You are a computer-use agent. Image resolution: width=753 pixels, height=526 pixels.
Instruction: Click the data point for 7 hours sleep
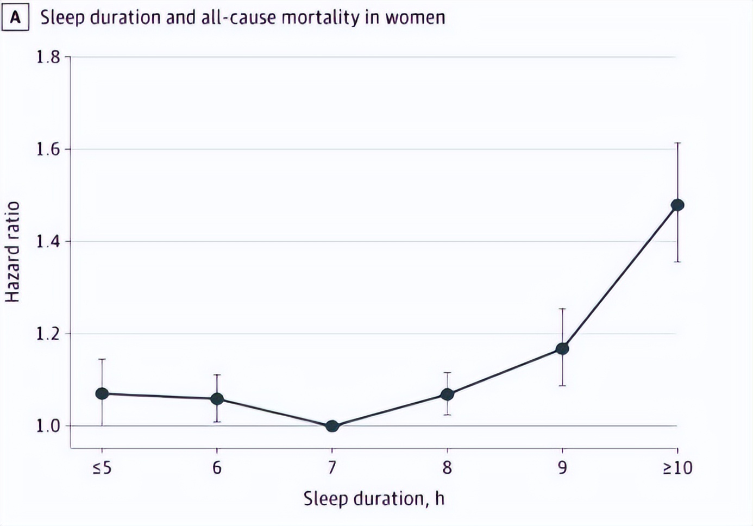coord(332,426)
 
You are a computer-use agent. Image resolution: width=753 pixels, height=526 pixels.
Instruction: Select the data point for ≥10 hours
coord(677,205)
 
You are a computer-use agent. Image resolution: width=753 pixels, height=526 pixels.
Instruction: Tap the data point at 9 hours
coord(562,348)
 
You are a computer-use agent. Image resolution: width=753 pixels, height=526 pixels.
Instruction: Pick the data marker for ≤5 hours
coord(102,393)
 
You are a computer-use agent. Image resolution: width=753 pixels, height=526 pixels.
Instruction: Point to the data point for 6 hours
coord(217,399)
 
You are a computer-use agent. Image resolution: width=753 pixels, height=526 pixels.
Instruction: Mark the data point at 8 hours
coord(447,394)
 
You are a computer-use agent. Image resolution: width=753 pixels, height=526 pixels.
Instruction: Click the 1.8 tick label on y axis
coord(48,57)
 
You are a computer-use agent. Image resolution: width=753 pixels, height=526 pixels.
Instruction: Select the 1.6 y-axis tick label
coord(48,149)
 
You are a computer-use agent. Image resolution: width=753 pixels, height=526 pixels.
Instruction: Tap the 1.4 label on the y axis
coord(48,241)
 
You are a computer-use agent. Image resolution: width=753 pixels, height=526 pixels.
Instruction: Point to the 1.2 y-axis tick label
coord(48,334)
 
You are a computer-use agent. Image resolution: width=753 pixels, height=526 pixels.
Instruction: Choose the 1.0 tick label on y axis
coord(48,426)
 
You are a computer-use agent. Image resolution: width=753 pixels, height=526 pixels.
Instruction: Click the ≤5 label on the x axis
coord(102,467)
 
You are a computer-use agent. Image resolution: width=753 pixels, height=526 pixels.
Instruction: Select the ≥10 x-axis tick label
coord(677,467)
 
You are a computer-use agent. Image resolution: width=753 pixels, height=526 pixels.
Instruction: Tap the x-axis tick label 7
coord(332,467)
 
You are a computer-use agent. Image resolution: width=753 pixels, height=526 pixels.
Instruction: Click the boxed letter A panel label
coord(15,18)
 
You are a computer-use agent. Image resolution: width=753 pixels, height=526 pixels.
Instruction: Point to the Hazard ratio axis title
coord(12,252)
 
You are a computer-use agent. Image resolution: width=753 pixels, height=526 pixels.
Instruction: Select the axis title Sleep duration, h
coord(374,498)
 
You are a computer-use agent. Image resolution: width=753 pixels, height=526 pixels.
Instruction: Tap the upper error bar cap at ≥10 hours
coord(677,143)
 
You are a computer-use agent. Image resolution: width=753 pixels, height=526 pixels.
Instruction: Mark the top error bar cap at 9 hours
coord(562,309)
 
